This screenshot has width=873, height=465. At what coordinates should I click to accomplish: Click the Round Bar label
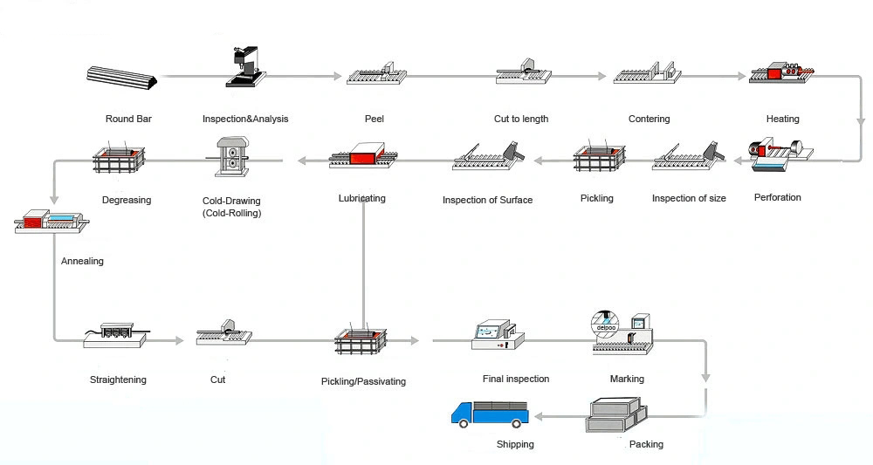[x=129, y=120]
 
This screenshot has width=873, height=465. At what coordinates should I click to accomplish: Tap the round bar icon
[x=122, y=79]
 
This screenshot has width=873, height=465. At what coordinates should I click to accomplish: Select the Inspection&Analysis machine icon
[x=244, y=67]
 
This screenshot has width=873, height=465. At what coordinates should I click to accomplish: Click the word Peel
[x=374, y=120]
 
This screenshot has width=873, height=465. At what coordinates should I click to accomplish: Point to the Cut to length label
[x=521, y=120]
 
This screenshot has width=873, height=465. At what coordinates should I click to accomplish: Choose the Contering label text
[x=649, y=120]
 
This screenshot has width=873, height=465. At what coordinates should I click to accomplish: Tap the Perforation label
[x=777, y=197]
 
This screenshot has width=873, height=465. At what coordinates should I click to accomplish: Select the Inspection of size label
[x=689, y=198]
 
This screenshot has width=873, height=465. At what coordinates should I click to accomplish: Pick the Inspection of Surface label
[x=487, y=200]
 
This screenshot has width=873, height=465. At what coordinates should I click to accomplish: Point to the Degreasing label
[x=127, y=200]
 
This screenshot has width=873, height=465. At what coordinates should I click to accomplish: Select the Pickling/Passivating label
[x=363, y=381]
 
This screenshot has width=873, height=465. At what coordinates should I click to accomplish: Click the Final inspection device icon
[x=495, y=336]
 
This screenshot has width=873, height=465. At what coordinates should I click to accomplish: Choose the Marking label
[x=627, y=379]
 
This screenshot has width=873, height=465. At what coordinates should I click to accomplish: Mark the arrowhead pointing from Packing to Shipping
[x=535, y=417]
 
